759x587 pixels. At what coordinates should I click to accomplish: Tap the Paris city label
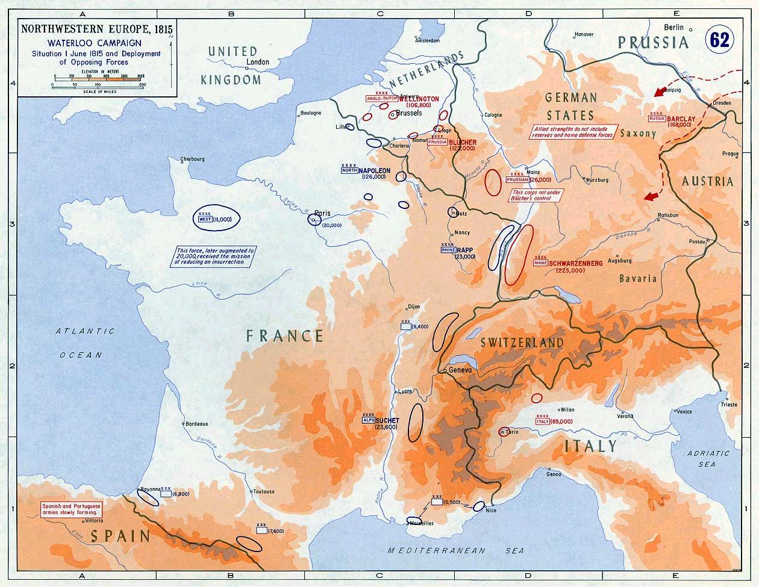(323, 213)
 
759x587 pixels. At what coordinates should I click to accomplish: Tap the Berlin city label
(674, 27)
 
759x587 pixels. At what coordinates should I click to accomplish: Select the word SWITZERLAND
(522, 343)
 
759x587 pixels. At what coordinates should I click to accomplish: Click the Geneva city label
(459, 370)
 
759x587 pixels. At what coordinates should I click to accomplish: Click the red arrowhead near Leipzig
(661, 91)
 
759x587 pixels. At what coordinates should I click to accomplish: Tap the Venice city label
(684, 412)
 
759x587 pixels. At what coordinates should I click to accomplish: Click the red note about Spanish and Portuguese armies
(71, 509)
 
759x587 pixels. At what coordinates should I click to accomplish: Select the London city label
(258, 62)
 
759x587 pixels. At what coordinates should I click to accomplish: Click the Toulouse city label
(264, 491)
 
